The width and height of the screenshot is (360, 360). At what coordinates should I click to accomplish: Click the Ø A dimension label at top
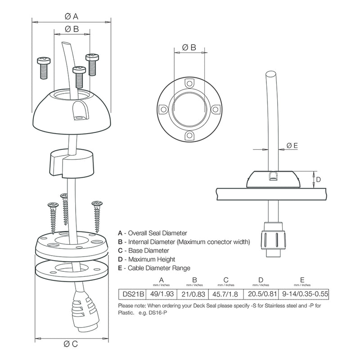point(72,16)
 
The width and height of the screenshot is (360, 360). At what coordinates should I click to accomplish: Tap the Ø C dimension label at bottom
point(72,344)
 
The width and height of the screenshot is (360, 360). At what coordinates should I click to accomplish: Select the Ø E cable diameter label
point(292,145)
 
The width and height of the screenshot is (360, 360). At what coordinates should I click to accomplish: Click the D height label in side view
point(317,179)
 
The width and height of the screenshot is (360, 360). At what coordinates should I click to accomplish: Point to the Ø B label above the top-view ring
point(189,47)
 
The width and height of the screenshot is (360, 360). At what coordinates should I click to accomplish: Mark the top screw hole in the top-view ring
point(189,83)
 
